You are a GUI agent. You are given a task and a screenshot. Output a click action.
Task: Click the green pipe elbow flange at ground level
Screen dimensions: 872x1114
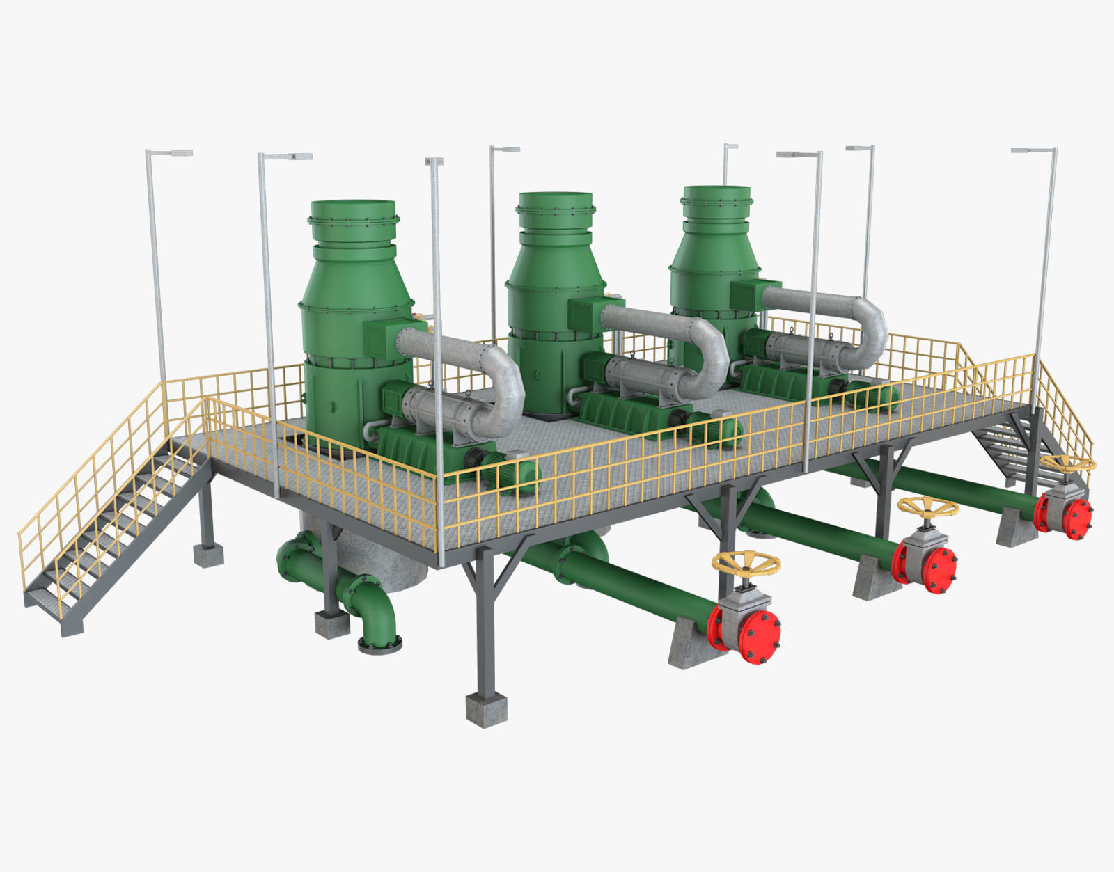click(380, 644)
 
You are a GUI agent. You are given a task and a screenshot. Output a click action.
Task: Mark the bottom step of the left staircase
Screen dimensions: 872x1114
click(52, 612)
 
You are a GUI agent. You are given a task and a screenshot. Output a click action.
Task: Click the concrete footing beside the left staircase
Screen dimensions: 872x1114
click(208, 555)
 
